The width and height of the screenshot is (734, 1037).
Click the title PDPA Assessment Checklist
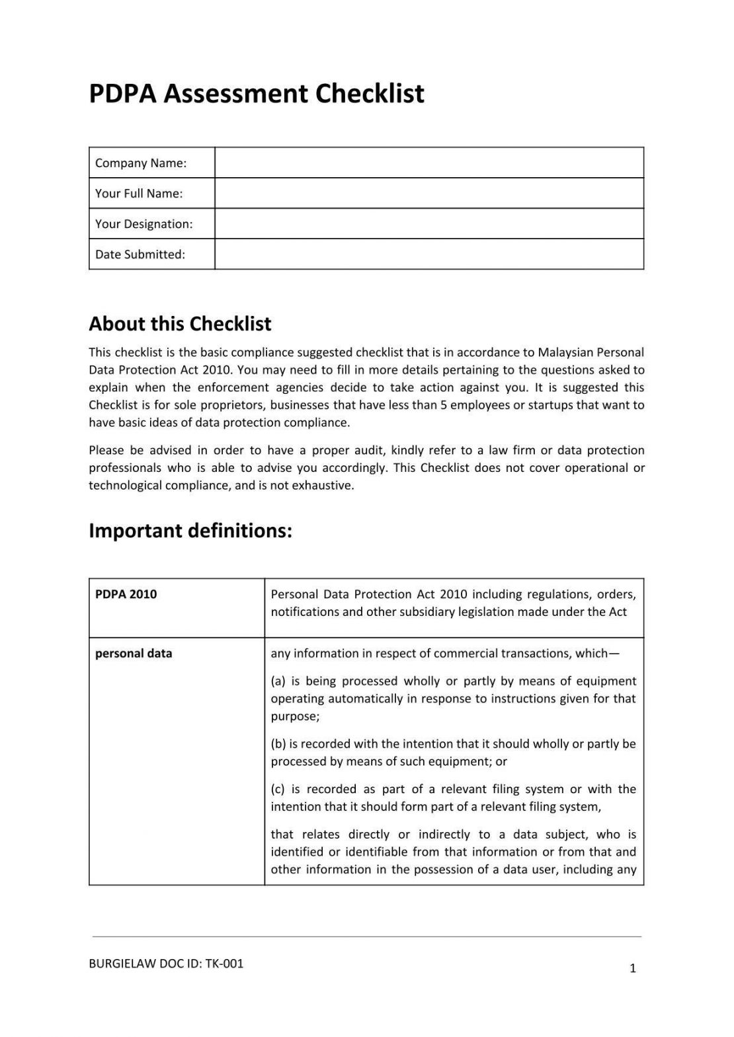coord(257,94)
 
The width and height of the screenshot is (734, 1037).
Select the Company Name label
coord(141,163)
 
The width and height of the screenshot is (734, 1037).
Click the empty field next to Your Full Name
coord(429,193)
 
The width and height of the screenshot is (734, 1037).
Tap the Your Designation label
coord(143,224)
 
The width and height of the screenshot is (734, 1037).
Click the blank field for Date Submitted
coord(429,254)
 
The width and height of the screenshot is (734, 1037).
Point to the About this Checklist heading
coord(180,324)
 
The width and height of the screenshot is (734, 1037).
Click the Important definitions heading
coord(190,531)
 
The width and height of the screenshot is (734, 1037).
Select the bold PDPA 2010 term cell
coord(126,594)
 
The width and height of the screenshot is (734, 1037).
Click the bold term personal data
coord(134,654)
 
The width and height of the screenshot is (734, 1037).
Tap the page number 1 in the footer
coord(633,969)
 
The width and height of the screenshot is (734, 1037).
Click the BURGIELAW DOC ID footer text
coord(166,964)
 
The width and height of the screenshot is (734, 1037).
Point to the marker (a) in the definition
coord(278,681)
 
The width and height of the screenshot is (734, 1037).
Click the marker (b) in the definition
coord(278,744)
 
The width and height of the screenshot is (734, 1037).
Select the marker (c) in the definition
coord(278,789)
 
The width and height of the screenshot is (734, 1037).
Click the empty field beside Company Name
coord(429,163)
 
